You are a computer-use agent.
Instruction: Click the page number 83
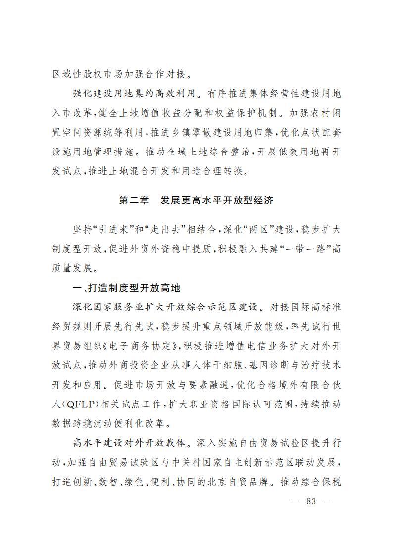(x=311, y=501)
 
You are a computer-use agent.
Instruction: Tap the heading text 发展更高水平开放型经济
(x=217, y=201)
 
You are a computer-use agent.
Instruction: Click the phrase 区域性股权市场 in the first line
(x=86, y=74)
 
